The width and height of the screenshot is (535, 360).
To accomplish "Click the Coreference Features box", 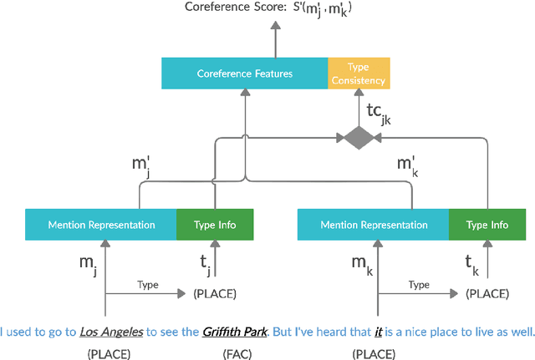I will coord(244,74).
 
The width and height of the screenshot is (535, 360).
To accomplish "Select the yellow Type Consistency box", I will coord(359,74).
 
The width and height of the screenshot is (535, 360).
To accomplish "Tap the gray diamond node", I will coord(358,137).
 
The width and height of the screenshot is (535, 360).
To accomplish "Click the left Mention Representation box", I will coord(101,225).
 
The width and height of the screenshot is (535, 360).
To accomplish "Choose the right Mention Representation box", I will coord(374,225).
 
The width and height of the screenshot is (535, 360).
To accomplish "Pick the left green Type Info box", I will coord(215,225).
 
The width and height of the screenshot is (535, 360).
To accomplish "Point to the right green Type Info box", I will coord(487,225).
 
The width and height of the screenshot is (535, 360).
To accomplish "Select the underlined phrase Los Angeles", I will coord(111,332).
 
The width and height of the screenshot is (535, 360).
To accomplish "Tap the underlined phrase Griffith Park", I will coord(234,332).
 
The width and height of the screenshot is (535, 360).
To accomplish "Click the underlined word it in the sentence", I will coord(379,332).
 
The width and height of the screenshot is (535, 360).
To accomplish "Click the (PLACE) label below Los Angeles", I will coord(109,353).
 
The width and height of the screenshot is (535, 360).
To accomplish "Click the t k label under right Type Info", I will coord(472,265).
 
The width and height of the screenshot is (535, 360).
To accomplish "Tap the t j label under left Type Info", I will coord(205,265).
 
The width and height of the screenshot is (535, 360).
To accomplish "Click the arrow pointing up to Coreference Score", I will coord(275,38).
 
